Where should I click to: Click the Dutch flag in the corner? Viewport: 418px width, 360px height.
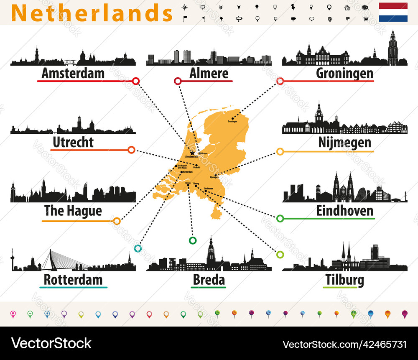coord(393,12)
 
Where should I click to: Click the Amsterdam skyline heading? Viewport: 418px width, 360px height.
coord(73,74)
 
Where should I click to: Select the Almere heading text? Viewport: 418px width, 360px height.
coord(209,74)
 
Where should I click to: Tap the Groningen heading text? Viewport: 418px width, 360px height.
coord(344,74)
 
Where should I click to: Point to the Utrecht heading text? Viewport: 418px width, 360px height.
coord(73,143)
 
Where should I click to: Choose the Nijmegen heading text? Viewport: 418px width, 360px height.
coord(344,143)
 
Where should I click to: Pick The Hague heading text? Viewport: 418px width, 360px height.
coord(73,211)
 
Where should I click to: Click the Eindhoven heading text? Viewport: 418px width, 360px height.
coord(344,211)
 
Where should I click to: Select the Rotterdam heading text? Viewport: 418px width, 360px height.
coord(73,279)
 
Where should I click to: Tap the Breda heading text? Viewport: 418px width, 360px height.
coord(209,279)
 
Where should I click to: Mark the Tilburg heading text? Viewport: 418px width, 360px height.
coord(344,279)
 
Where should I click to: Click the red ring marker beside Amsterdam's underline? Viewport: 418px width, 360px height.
coord(135,81)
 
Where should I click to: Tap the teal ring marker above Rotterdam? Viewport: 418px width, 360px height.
coord(138,248)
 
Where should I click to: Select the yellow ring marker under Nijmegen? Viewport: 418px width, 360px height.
coord(280,151)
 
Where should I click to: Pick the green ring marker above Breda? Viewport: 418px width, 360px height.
coord(193,240)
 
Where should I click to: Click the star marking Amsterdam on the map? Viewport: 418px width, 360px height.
coord(192,153)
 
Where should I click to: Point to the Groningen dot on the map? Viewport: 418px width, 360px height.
coord(233,119)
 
